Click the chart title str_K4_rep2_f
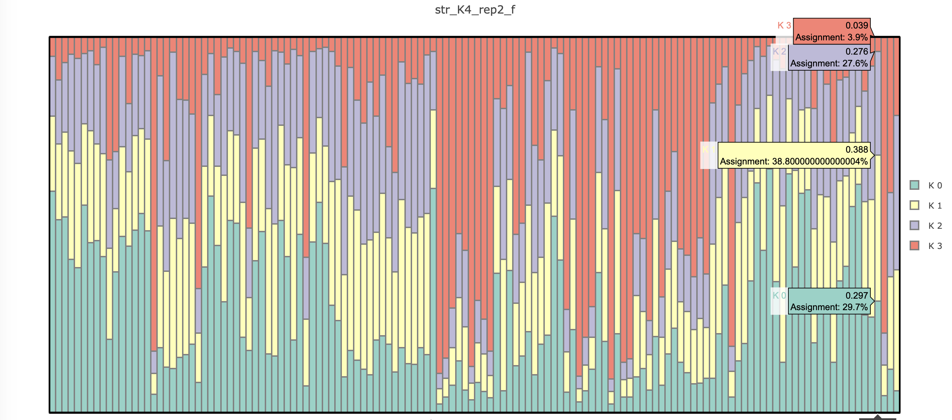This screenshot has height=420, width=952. (475, 10)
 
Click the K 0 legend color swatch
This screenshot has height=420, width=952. (914, 185)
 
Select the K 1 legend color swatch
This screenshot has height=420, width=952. (914, 205)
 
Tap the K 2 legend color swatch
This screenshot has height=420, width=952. (914, 226)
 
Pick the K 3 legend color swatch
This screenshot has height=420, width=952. (914, 245)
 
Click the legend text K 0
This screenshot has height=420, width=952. (935, 185)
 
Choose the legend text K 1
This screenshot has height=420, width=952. (935, 205)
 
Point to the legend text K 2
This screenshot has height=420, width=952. (935, 226)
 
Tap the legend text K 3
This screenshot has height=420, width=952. (935, 246)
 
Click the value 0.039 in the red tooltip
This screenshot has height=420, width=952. (856, 25)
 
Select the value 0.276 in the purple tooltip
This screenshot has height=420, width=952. (856, 51)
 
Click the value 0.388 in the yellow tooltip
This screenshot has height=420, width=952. (856, 150)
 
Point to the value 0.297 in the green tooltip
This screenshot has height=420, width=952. (856, 296)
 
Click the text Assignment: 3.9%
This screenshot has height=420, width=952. (831, 37)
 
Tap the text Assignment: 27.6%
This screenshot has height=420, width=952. (829, 63)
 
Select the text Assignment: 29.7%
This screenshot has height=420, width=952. (829, 307)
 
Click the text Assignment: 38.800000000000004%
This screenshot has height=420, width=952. (794, 162)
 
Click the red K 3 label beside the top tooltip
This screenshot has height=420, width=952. (784, 25)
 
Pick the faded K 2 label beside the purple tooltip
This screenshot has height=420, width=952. (779, 51)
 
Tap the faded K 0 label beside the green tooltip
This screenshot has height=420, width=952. (779, 296)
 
